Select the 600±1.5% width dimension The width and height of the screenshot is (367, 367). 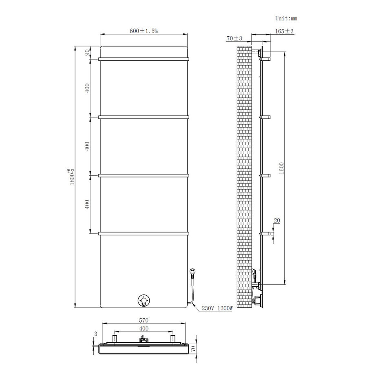[144, 31]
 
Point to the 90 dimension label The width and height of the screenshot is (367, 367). [87, 53]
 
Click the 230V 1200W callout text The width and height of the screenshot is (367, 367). [217, 309]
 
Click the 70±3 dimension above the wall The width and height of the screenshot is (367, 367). [235, 38]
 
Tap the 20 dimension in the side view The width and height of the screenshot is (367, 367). [277, 221]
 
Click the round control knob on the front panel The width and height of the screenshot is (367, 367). [144, 301]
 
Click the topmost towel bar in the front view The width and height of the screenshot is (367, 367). [144, 60]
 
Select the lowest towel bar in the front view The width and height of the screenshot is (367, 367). [144, 234]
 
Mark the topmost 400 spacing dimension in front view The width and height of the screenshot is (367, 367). [87, 88]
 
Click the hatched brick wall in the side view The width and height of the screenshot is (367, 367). [243, 175]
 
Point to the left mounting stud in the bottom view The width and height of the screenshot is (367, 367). [115, 338]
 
